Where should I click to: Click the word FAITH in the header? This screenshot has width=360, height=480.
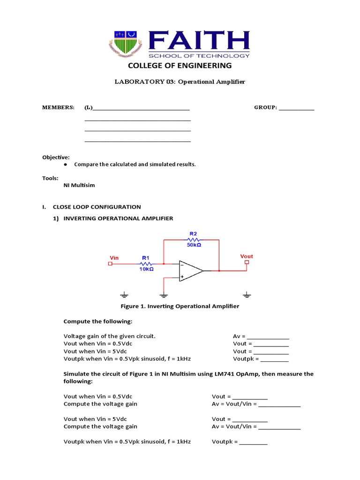[x=199, y=41]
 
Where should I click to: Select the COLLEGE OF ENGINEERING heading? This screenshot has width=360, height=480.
[x=180, y=66]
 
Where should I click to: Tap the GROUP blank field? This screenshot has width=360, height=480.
[x=296, y=108]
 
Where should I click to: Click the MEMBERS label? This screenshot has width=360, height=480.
[x=59, y=107]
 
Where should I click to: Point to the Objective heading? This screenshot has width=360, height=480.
[x=56, y=157]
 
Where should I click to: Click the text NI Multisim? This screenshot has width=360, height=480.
[x=79, y=185]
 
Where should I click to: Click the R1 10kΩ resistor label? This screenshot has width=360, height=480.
[x=145, y=263]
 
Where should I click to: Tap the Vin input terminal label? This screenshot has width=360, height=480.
[x=114, y=258]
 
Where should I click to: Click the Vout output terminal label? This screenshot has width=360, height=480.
[x=247, y=256]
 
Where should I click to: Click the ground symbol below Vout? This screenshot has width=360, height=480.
[x=247, y=295]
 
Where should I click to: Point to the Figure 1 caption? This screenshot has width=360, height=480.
[x=180, y=306]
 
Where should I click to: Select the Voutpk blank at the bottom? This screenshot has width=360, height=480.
[x=253, y=442]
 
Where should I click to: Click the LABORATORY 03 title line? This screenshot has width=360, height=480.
[x=180, y=82]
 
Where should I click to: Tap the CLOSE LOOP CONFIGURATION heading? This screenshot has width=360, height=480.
[x=97, y=207]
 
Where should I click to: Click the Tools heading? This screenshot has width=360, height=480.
[x=51, y=178]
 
